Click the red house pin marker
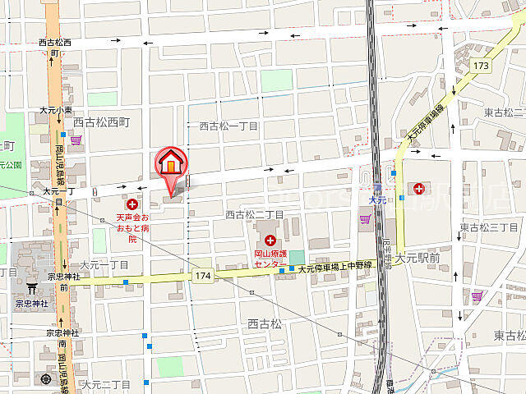pos(169,164)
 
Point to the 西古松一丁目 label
pos(229,126)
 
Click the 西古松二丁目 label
pos(255,214)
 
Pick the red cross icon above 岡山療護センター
pos(270,241)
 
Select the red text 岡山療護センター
pos(270,259)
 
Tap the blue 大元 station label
pos(377,199)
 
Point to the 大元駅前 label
pos(418,258)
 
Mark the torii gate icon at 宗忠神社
pos(33,289)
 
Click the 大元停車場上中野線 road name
pos(335,268)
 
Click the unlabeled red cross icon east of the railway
pos(420,190)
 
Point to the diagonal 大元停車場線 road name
pos(425,124)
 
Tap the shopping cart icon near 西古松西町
pos(76,140)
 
